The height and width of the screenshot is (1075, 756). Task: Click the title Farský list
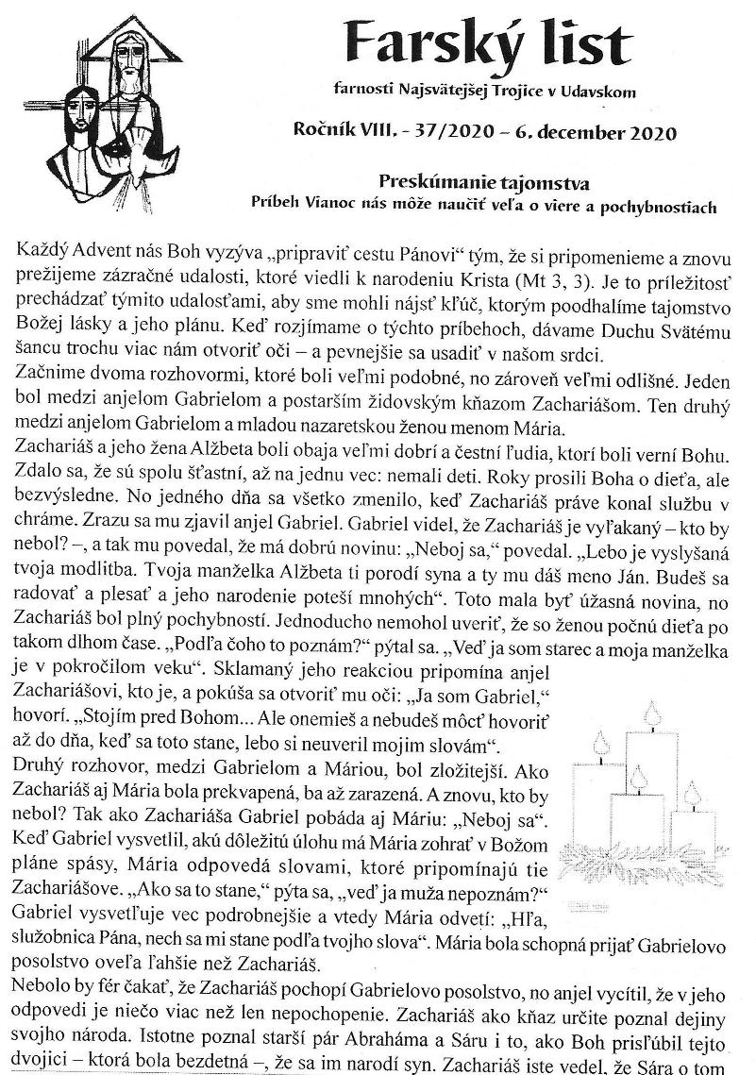point(488,42)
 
